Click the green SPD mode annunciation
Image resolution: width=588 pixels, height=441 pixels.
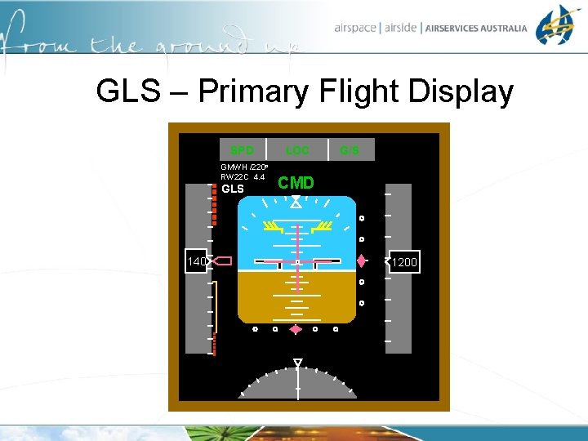[242, 150]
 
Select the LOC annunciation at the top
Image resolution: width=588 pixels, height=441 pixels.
[297, 150]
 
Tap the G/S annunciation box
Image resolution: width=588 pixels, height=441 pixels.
[350, 150]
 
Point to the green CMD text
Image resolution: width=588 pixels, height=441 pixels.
[296, 183]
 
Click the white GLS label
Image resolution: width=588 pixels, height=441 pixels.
[233, 189]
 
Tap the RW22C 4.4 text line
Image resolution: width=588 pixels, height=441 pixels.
[243, 176]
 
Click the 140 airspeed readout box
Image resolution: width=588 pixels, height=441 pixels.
[196, 261]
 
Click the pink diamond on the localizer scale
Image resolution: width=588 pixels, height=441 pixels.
[296, 329]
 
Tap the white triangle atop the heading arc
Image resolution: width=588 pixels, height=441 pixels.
[298, 362]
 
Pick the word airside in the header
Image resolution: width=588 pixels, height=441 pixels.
[399, 28]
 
